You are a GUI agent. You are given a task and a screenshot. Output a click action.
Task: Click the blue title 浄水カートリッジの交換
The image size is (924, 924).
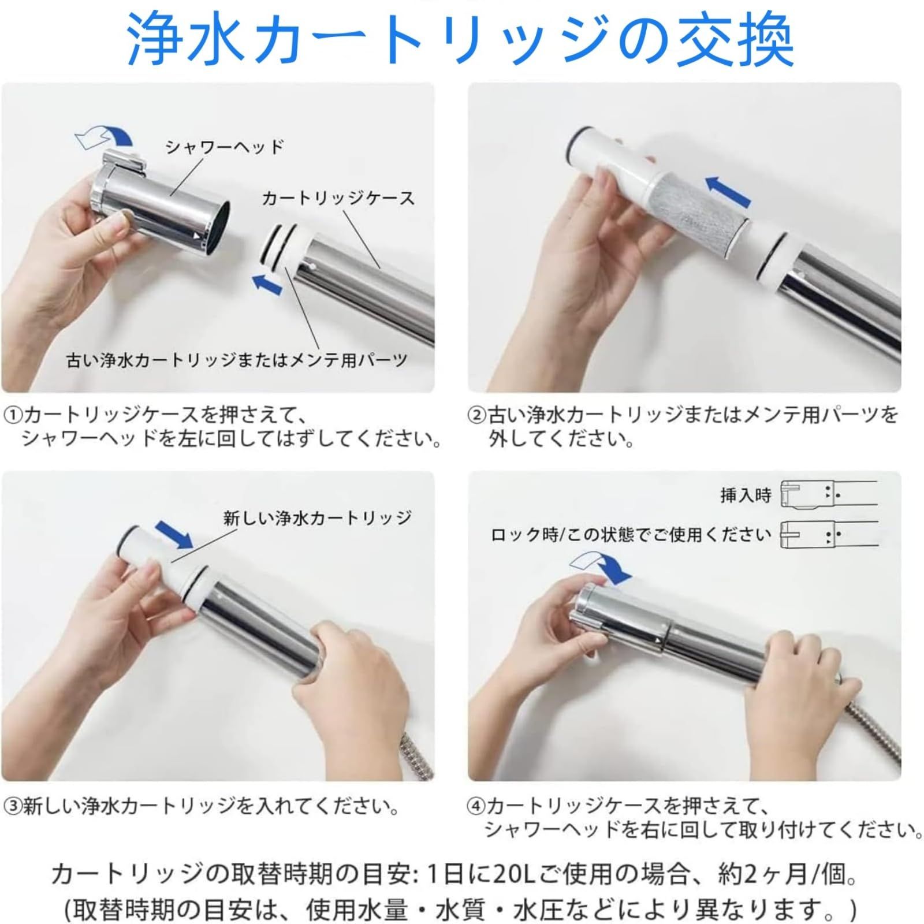tap(460, 39)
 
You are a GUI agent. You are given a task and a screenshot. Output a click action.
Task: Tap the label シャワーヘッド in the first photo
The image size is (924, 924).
tap(225, 147)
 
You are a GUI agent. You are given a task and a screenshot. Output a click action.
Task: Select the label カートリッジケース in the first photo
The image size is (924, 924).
tap(338, 198)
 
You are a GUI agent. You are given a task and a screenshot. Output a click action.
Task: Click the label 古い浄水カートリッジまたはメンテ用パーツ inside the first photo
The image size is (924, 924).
tap(237, 360)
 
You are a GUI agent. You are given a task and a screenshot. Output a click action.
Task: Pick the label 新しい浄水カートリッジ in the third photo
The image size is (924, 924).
tap(317, 517)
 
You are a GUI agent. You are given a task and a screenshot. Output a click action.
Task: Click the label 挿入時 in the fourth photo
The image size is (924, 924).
tap(746, 495)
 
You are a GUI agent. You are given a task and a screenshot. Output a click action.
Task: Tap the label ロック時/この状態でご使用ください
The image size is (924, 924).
tap(631, 535)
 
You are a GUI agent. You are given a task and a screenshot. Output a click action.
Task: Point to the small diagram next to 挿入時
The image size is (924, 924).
tap(828, 494)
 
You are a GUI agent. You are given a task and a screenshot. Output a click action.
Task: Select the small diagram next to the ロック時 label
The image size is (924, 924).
tap(828, 535)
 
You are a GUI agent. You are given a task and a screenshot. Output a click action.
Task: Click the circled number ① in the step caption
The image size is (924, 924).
tap(13, 415)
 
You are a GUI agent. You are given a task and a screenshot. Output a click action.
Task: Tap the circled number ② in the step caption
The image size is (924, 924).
tap(477, 415)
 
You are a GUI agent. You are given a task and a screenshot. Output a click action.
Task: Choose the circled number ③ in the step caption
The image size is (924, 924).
tap(13, 806)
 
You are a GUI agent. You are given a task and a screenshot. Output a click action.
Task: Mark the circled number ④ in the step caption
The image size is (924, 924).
tap(477, 806)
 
